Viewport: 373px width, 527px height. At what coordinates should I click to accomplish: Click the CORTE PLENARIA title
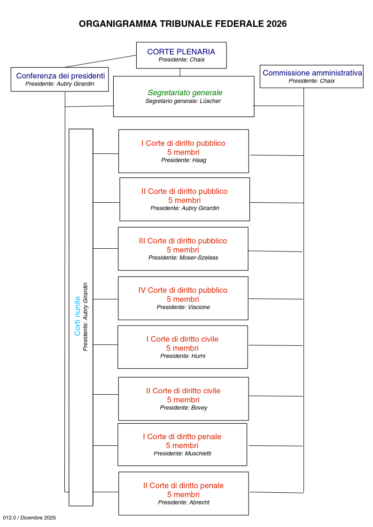pyautogui.click(x=181, y=52)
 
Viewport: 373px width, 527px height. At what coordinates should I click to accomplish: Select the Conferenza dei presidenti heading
pyautogui.click(x=61, y=76)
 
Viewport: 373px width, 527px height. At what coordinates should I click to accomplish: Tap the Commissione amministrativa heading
pyautogui.click(x=312, y=73)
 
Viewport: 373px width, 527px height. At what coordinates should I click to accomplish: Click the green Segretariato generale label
pyautogui.click(x=185, y=93)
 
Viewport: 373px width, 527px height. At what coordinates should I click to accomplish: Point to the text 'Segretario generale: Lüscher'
pyautogui.click(x=183, y=101)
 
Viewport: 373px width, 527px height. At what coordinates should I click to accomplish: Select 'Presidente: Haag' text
pyautogui.click(x=184, y=160)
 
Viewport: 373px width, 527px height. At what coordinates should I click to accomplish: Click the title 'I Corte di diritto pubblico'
pyautogui.click(x=183, y=143)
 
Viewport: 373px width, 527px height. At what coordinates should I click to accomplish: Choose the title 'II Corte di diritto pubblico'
pyautogui.click(x=184, y=191)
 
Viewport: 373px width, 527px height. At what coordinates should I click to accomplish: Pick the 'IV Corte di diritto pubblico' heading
pyautogui.click(x=183, y=290)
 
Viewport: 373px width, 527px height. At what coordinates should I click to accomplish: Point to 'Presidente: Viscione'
pyautogui.click(x=183, y=307)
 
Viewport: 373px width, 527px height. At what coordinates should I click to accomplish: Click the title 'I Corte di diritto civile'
pyautogui.click(x=182, y=339)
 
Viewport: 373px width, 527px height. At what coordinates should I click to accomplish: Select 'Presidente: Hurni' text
pyautogui.click(x=183, y=356)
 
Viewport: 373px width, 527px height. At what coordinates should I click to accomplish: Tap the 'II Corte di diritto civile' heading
pyautogui.click(x=183, y=390)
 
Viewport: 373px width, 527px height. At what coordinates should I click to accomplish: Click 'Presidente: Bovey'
pyautogui.click(x=183, y=407)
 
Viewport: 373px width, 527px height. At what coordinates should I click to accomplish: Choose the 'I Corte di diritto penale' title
pyautogui.click(x=182, y=436)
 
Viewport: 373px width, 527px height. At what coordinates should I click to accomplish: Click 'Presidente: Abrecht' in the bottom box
pyautogui.click(x=184, y=502)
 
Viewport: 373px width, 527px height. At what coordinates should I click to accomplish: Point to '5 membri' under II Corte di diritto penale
pyautogui.click(x=183, y=494)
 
